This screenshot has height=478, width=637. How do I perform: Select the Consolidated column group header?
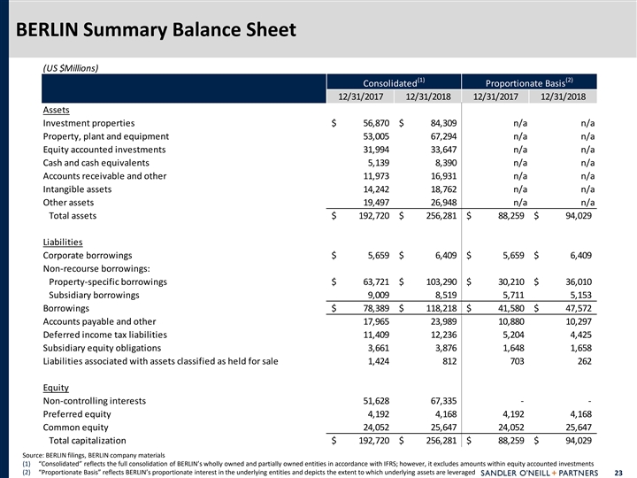pos(396,81)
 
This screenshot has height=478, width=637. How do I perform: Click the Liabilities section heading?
pos(62,242)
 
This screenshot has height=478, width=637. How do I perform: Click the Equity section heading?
pos(57,387)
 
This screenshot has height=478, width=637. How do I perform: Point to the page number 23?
pos(625,471)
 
